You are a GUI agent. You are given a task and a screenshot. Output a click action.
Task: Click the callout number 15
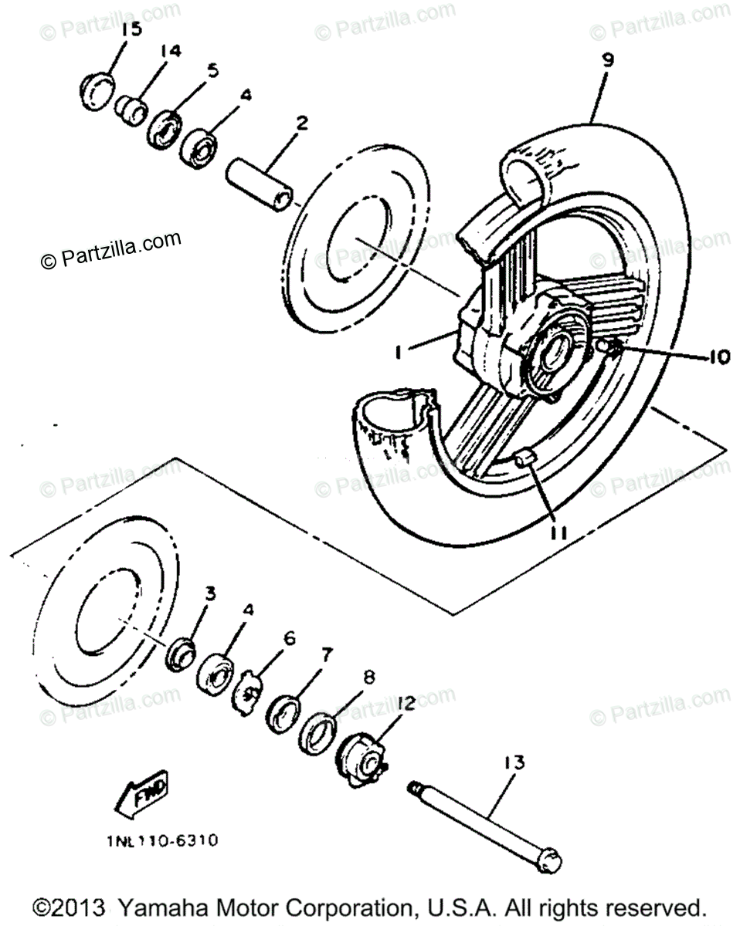coord(132,30)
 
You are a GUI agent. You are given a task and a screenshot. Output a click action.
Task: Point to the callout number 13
coord(535,763)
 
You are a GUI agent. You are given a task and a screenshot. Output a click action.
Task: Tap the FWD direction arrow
coord(143,796)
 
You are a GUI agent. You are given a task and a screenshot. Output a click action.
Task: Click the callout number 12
coord(406,703)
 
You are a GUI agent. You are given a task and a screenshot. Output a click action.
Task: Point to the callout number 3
coord(209,593)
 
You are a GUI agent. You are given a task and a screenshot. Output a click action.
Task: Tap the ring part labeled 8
coord(317,731)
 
